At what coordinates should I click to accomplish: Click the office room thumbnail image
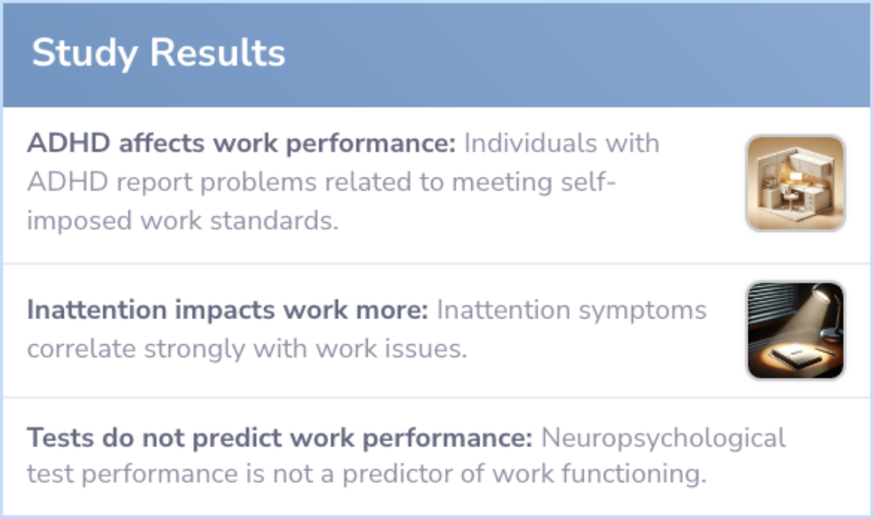coord(795,183)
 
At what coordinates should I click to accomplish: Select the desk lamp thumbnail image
coord(795,330)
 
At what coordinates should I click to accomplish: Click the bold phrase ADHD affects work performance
coord(242,144)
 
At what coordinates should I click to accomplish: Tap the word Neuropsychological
coord(663,438)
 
